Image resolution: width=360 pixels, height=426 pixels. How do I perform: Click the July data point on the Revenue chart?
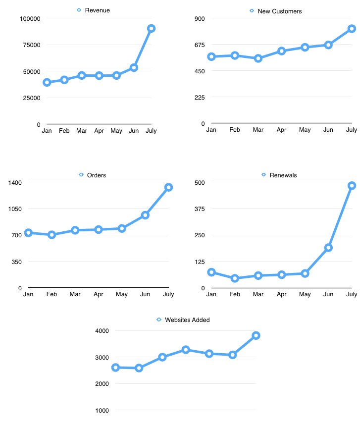pos(151,29)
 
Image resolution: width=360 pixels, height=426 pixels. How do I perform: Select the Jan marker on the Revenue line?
pos(47,82)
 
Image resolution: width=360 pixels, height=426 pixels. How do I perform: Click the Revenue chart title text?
pos(97,10)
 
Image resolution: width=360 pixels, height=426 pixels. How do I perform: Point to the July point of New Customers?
pos(352,29)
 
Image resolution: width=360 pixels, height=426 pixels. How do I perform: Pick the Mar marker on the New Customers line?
pos(258,58)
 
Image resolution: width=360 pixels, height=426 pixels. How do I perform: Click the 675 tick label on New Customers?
pos(198,45)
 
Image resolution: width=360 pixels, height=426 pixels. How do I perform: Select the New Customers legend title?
pos(279,11)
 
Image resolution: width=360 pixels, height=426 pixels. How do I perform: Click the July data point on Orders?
pos(168,187)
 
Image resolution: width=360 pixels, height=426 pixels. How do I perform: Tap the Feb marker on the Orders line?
pos(51,235)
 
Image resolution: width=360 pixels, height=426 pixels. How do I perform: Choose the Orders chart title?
pos(96,175)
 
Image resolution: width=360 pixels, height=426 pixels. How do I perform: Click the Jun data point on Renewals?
pos(328,248)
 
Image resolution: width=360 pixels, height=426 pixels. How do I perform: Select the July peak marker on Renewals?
pos(352,186)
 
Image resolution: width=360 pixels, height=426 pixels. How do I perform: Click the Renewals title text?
pos(283,175)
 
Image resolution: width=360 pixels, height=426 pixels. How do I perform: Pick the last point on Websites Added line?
pos(256,335)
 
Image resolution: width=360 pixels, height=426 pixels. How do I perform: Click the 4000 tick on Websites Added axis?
pos(102,331)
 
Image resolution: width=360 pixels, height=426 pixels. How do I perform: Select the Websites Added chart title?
pos(187,320)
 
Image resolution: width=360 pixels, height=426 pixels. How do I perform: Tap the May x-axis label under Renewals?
pos(305,294)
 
